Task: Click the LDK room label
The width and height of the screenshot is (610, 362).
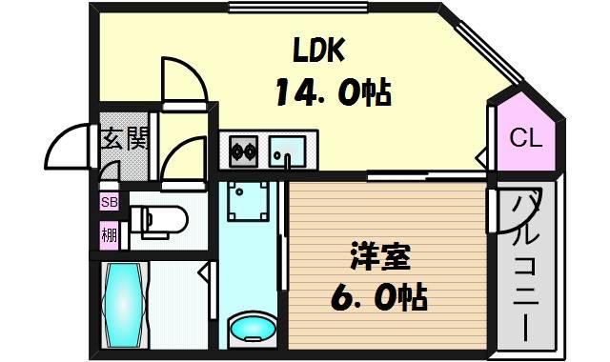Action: pos(319,50)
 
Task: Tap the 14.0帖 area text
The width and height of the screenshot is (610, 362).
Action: pos(334,92)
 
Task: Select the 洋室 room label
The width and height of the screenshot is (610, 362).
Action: pos(380,256)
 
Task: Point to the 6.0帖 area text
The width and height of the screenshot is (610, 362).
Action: pos(379,297)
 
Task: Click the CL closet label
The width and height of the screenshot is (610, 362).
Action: pos(526,137)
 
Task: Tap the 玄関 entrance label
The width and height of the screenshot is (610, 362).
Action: pos(125,138)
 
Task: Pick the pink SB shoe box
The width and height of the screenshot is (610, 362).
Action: pos(110,202)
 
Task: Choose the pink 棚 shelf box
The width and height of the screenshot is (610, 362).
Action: pos(110,235)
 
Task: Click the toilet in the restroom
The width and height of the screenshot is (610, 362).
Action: pos(159,221)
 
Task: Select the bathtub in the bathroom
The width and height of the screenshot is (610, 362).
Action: pos(124,305)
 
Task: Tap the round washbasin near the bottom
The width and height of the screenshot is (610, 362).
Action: pos(253,328)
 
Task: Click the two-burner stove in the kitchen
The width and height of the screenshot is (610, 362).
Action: pos(244,151)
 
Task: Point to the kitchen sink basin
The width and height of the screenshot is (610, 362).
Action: pos(288,151)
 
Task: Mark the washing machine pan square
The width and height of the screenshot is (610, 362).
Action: pos(248,201)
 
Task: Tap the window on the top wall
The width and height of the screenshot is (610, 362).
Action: pos(298,8)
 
